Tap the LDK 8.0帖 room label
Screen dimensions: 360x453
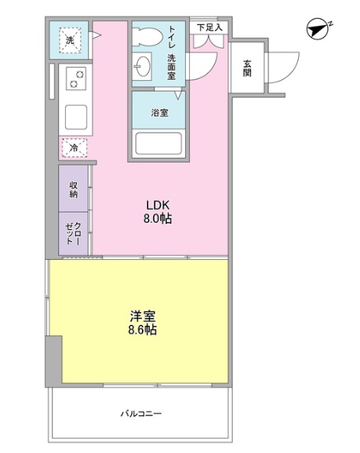click(x=158, y=212)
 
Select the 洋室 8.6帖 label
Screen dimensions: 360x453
click(x=143, y=323)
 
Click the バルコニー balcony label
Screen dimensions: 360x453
click(x=141, y=414)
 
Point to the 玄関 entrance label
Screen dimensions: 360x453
click(x=247, y=68)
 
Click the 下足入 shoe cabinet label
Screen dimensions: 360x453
click(x=209, y=27)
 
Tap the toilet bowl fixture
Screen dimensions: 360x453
click(x=147, y=36)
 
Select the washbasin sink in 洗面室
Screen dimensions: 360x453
click(x=143, y=67)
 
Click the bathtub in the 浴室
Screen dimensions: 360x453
click(x=158, y=144)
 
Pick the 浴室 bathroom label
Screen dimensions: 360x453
click(x=160, y=112)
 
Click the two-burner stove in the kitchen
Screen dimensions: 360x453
click(x=76, y=79)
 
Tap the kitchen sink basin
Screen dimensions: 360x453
click(x=76, y=117)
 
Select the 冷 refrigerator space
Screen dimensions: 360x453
click(x=75, y=148)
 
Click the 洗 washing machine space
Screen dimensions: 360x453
click(x=70, y=40)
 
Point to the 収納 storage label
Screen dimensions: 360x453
click(x=73, y=189)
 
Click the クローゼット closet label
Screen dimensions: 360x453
click(x=73, y=233)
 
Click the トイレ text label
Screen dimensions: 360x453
click(x=172, y=37)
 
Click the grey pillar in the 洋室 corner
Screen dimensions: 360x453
click(x=53, y=360)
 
